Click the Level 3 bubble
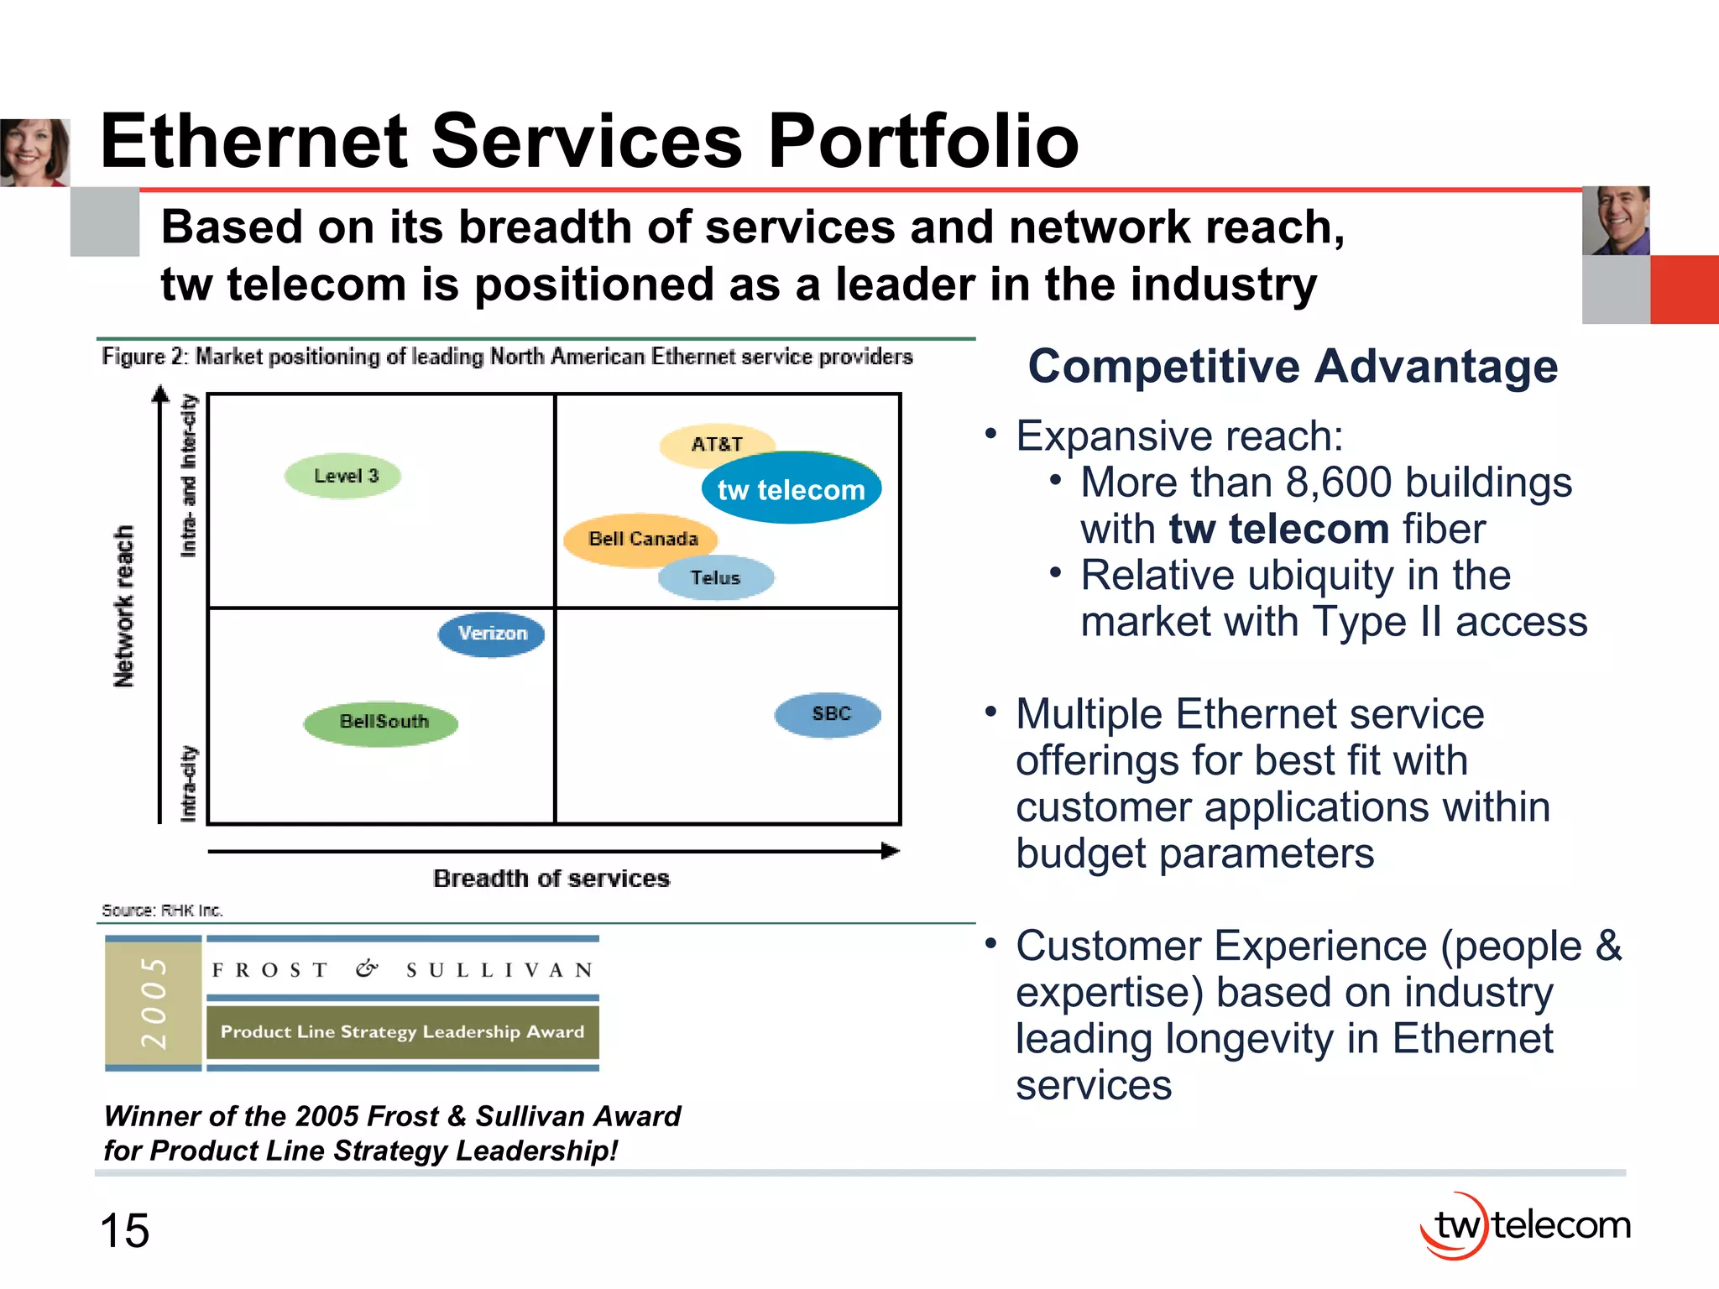point(343,477)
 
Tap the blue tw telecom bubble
point(792,489)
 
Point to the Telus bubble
point(716,577)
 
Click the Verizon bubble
point(492,634)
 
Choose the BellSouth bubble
point(382,722)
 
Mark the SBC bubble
point(828,714)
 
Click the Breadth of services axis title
point(551,879)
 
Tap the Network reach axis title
point(124,606)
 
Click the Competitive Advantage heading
point(1293,367)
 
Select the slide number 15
point(124,1231)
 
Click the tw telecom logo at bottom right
point(1525,1225)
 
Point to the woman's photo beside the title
point(34,152)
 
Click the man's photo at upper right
point(1616,221)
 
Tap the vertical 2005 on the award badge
point(154,1003)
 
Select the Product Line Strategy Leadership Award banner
point(403,1032)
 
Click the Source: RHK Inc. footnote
point(162,911)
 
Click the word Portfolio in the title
point(922,141)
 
